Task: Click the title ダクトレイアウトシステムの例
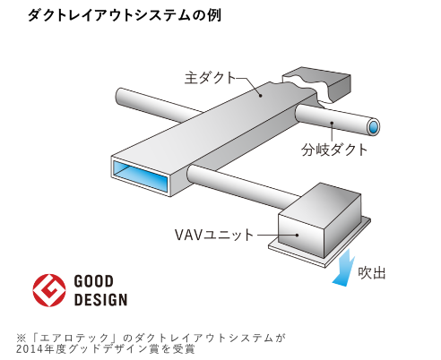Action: (125, 15)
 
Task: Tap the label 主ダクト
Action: (211, 78)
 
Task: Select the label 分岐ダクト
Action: (334, 150)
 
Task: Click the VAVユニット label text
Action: (214, 235)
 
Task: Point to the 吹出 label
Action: (372, 273)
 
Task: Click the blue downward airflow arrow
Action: (344, 269)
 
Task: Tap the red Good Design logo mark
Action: (49, 290)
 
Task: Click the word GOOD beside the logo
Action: (93, 281)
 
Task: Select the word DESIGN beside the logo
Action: (100, 300)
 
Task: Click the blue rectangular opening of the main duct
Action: (140, 176)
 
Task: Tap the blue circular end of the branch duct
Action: (373, 127)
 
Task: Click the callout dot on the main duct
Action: (261, 96)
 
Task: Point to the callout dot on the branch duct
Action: (332, 123)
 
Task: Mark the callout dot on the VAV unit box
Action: (297, 235)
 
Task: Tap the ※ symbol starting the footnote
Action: (22, 338)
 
